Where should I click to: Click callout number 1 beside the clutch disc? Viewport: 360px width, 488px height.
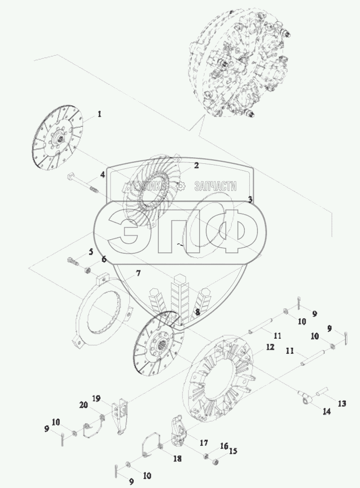pyautogui.click(x=100, y=114)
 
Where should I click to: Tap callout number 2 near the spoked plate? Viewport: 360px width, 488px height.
pyautogui.click(x=196, y=165)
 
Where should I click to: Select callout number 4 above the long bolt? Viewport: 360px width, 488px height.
pyautogui.click(x=103, y=175)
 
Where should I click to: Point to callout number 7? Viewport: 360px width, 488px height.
pyautogui.click(x=138, y=273)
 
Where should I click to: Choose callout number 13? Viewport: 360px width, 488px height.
pyautogui.click(x=341, y=404)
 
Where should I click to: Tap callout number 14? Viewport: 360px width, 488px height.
pyautogui.click(x=326, y=411)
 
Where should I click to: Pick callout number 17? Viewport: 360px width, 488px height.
pyautogui.click(x=204, y=442)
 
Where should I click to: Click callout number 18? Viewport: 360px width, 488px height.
pyautogui.click(x=177, y=458)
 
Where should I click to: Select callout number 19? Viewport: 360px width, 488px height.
pyautogui.click(x=96, y=399)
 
